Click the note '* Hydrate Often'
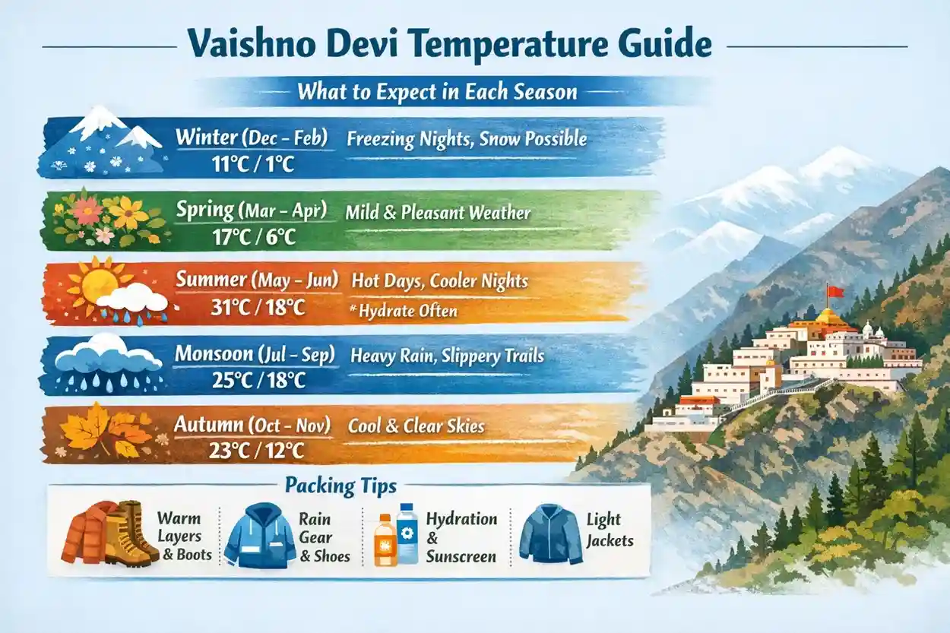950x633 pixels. [407, 311]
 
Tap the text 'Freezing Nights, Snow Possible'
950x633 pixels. [467, 139]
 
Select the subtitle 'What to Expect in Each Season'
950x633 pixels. [437, 93]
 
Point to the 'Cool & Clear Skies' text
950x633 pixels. [416, 426]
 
